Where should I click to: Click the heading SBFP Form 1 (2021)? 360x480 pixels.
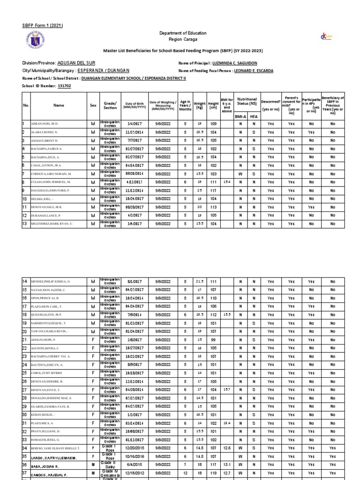(43, 25)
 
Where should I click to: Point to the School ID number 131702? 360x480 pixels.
(64, 87)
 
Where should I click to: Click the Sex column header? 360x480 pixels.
(93, 105)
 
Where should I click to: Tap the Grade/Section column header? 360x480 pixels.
(110, 105)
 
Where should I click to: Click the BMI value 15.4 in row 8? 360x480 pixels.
(227, 182)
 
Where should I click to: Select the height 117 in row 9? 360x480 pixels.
(213, 190)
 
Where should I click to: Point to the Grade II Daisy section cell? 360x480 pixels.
(110, 465)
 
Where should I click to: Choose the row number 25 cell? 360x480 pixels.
(25, 373)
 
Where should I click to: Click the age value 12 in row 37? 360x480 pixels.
(185, 473)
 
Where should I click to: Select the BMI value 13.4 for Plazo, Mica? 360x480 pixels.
(227, 423)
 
